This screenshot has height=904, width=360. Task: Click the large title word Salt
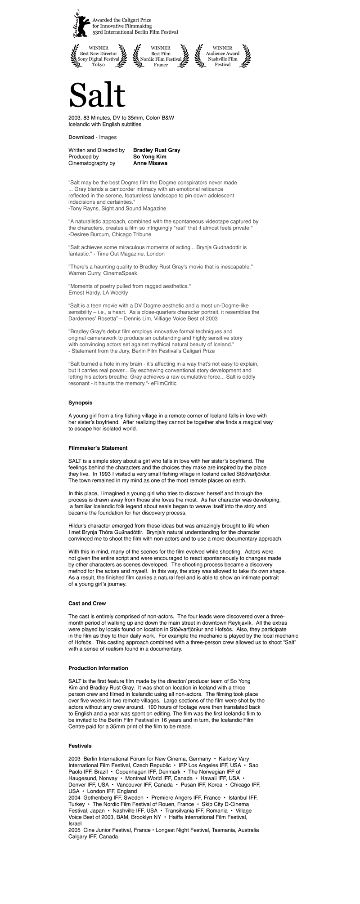point(97,95)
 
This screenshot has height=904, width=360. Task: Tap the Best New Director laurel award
point(98,56)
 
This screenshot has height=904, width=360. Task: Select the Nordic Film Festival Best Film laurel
point(161,56)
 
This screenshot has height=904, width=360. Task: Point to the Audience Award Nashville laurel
point(223,56)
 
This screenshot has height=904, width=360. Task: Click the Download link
point(81,137)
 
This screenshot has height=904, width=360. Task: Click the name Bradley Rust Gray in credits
point(157,150)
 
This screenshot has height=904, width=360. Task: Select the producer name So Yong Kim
point(150,157)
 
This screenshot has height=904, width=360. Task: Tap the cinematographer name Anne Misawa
point(150,163)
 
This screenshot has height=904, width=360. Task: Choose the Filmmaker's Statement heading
point(98,448)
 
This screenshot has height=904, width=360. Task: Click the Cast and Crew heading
point(87,603)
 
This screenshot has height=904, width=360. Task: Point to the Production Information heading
point(98,668)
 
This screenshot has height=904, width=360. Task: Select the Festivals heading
point(80,746)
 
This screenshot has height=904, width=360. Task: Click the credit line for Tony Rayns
point(117,208)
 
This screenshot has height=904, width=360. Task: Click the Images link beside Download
point(108,137)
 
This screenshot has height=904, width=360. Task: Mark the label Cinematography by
point(92,163)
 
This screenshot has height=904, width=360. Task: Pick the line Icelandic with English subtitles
point(104,124)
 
